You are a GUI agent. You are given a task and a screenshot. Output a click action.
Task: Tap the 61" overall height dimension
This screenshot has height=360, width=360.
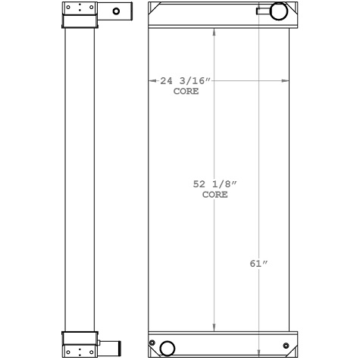click(258, 264)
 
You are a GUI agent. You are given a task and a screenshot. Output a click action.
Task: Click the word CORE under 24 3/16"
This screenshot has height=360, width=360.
click(186, 91)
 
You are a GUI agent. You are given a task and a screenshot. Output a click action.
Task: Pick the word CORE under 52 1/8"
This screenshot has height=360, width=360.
click(214, 195)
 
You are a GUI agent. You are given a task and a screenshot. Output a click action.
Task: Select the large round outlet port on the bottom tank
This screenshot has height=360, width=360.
click(166, 348)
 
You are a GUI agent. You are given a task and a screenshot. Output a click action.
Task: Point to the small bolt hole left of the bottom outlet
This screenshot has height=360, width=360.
click(152, 345)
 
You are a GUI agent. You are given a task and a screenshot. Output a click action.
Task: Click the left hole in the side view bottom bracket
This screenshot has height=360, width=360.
click(69, 351)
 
